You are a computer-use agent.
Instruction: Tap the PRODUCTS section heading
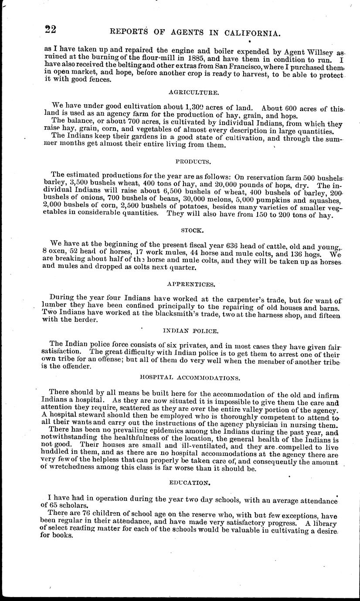click(188, 162)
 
